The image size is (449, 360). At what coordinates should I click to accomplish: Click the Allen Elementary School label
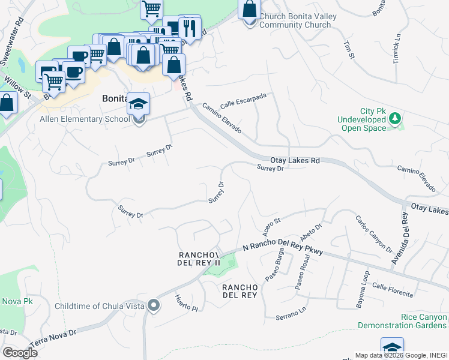pos(85,119)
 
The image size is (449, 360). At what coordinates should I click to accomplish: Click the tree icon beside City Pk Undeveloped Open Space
pos(394,118)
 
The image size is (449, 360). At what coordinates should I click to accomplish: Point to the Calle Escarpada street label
pos(243,100)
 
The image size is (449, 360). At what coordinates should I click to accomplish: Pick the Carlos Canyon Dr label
pos(373,233)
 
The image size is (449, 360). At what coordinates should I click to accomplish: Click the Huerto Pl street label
pos(185,304)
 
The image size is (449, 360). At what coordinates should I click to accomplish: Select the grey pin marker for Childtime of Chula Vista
pos(154,306)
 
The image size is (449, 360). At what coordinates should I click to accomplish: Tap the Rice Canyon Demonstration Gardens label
pos(402,321)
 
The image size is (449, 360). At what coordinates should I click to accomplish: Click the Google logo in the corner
pos(20,352)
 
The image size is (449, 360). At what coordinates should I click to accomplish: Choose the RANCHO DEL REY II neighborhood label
pos(200,259)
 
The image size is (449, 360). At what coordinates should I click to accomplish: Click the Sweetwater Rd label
pos(11,42)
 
